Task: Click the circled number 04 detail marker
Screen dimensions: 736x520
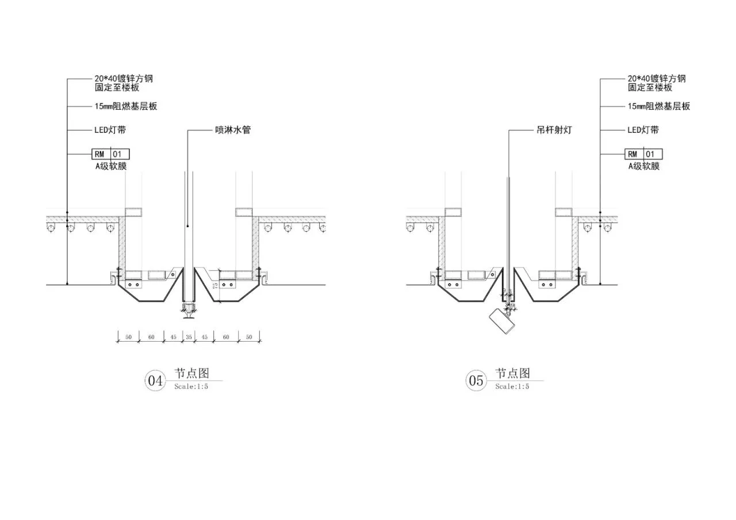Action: (155, 381)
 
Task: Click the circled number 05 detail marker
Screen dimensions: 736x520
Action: (476, 381)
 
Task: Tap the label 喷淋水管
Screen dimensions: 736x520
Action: (233, 130)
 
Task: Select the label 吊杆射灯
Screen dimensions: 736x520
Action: (554, 130)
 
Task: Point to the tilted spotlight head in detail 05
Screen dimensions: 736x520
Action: (502, 322)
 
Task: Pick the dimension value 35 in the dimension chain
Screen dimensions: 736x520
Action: (189, 337)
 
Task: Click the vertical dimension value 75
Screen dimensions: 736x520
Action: (215, 285)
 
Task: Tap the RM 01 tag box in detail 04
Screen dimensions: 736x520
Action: (110, 154)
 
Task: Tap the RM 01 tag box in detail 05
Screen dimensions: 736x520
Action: (643, 154)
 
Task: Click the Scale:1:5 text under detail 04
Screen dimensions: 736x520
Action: (191, 387)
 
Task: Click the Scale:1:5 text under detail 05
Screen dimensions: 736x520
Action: (512, 387)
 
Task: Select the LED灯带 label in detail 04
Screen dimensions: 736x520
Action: (110, 130)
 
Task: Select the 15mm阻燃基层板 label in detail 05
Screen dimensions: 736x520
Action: (659, 106)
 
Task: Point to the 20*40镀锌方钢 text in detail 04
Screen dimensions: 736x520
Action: (124, 79)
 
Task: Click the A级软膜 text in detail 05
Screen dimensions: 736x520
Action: (644, 166)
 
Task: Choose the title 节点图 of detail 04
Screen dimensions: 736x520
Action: (191, 373)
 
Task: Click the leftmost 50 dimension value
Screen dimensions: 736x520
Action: (128, 337)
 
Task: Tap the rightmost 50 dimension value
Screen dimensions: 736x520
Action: (249, 337)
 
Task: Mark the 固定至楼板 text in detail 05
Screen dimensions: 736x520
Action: (650, 87)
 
